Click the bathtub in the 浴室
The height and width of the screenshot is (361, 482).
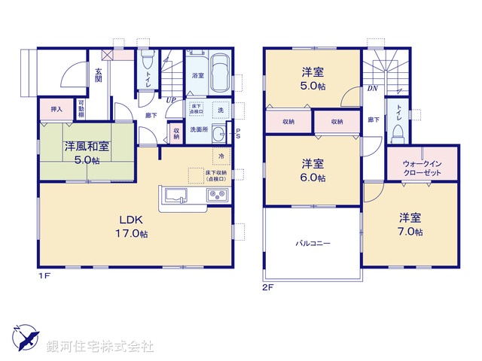coord(221,74)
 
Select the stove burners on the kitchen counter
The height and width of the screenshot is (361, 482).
coord(216,197)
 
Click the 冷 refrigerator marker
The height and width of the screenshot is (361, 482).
coord(221,156)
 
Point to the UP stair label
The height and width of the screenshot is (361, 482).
coord(172,99)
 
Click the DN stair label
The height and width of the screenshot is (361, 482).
coord(371,88)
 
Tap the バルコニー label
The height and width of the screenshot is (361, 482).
coord(313,244)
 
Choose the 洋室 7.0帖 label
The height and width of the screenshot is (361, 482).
coord(410,224)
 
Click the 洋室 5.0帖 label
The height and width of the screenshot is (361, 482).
coord(313,79)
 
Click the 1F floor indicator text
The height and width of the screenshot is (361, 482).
coord(44,277)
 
